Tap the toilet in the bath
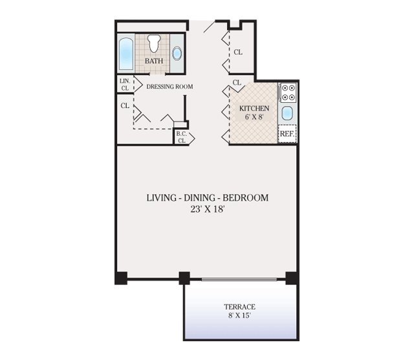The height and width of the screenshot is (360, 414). coord(153,44)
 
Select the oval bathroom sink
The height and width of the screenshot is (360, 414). coord(178,53)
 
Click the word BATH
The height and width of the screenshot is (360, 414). coord(153,61)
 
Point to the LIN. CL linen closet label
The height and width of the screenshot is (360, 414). coord(125,84)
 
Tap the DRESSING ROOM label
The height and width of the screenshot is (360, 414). coord(169,86)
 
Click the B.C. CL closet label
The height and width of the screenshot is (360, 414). coord(182,136)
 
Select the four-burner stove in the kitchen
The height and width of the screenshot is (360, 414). coord(288,94)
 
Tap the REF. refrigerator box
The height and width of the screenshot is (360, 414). coord(287,134)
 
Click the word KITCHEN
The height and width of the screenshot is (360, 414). coord(254,109)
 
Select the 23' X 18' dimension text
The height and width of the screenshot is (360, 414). coord(206,209)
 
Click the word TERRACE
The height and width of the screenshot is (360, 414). coord(240,306)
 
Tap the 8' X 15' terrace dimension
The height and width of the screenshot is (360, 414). coord(240,316)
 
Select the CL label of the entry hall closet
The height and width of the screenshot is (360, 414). coord(238,52)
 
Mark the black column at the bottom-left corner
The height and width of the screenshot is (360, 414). coord(121,278)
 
